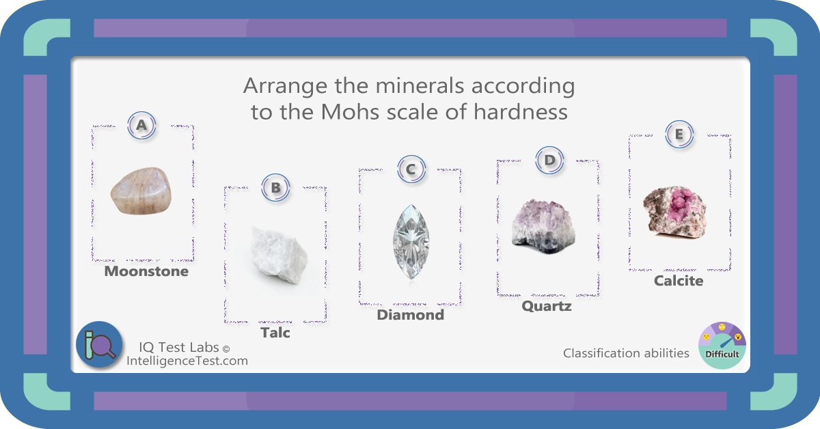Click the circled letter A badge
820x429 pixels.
[141, 125]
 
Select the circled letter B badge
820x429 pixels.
[275, 187]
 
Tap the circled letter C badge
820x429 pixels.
[411, 169]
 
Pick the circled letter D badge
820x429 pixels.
[549, 160]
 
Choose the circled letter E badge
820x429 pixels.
[679, 134]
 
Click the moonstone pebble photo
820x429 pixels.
[141, 191]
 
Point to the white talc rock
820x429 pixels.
[279, 255]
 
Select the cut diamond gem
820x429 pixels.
[411, 242]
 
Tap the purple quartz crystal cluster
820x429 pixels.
[543, 226]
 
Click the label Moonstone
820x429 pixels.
[146, 271]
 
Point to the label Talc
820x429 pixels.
[275, 333]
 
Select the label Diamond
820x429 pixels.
[411, 315]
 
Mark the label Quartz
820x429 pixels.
[547, 306]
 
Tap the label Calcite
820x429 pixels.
[679, 281]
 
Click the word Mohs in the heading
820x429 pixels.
[350, 111]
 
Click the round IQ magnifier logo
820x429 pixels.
[99, 344]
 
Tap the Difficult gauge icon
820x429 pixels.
[722, 345]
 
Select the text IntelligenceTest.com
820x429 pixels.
[187, 361]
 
